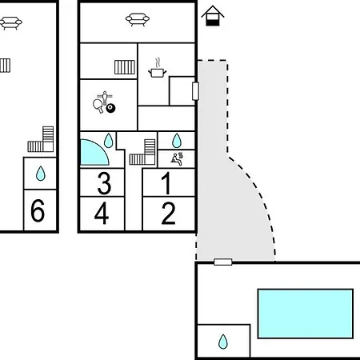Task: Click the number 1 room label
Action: tap(166, 183)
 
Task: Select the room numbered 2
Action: tap(169, 213)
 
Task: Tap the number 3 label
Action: tap(104, 183)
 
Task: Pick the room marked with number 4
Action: tap(102, 213)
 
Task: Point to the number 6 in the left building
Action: tap(38, 210)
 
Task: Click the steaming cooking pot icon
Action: tap(157, 68)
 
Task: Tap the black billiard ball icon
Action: tap(110, 108)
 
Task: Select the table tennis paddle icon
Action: tap(98, 106)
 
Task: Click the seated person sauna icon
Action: tap(177, 159)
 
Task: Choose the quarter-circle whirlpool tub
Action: tap(94, 153)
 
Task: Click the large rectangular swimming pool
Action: tap(306, 314)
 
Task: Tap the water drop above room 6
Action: tap(41, 174)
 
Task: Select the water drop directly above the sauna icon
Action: tap(177, 141)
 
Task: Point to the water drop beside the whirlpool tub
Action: tap(108, 141)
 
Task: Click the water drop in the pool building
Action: tap(223, 342)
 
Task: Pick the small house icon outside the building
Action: tap(213, 16)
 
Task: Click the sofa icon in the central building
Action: tap(138, 20)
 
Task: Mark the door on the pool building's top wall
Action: tap(223, 262)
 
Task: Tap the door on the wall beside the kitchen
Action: tap(196, 91)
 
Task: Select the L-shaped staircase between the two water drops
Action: tap(142, 152)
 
